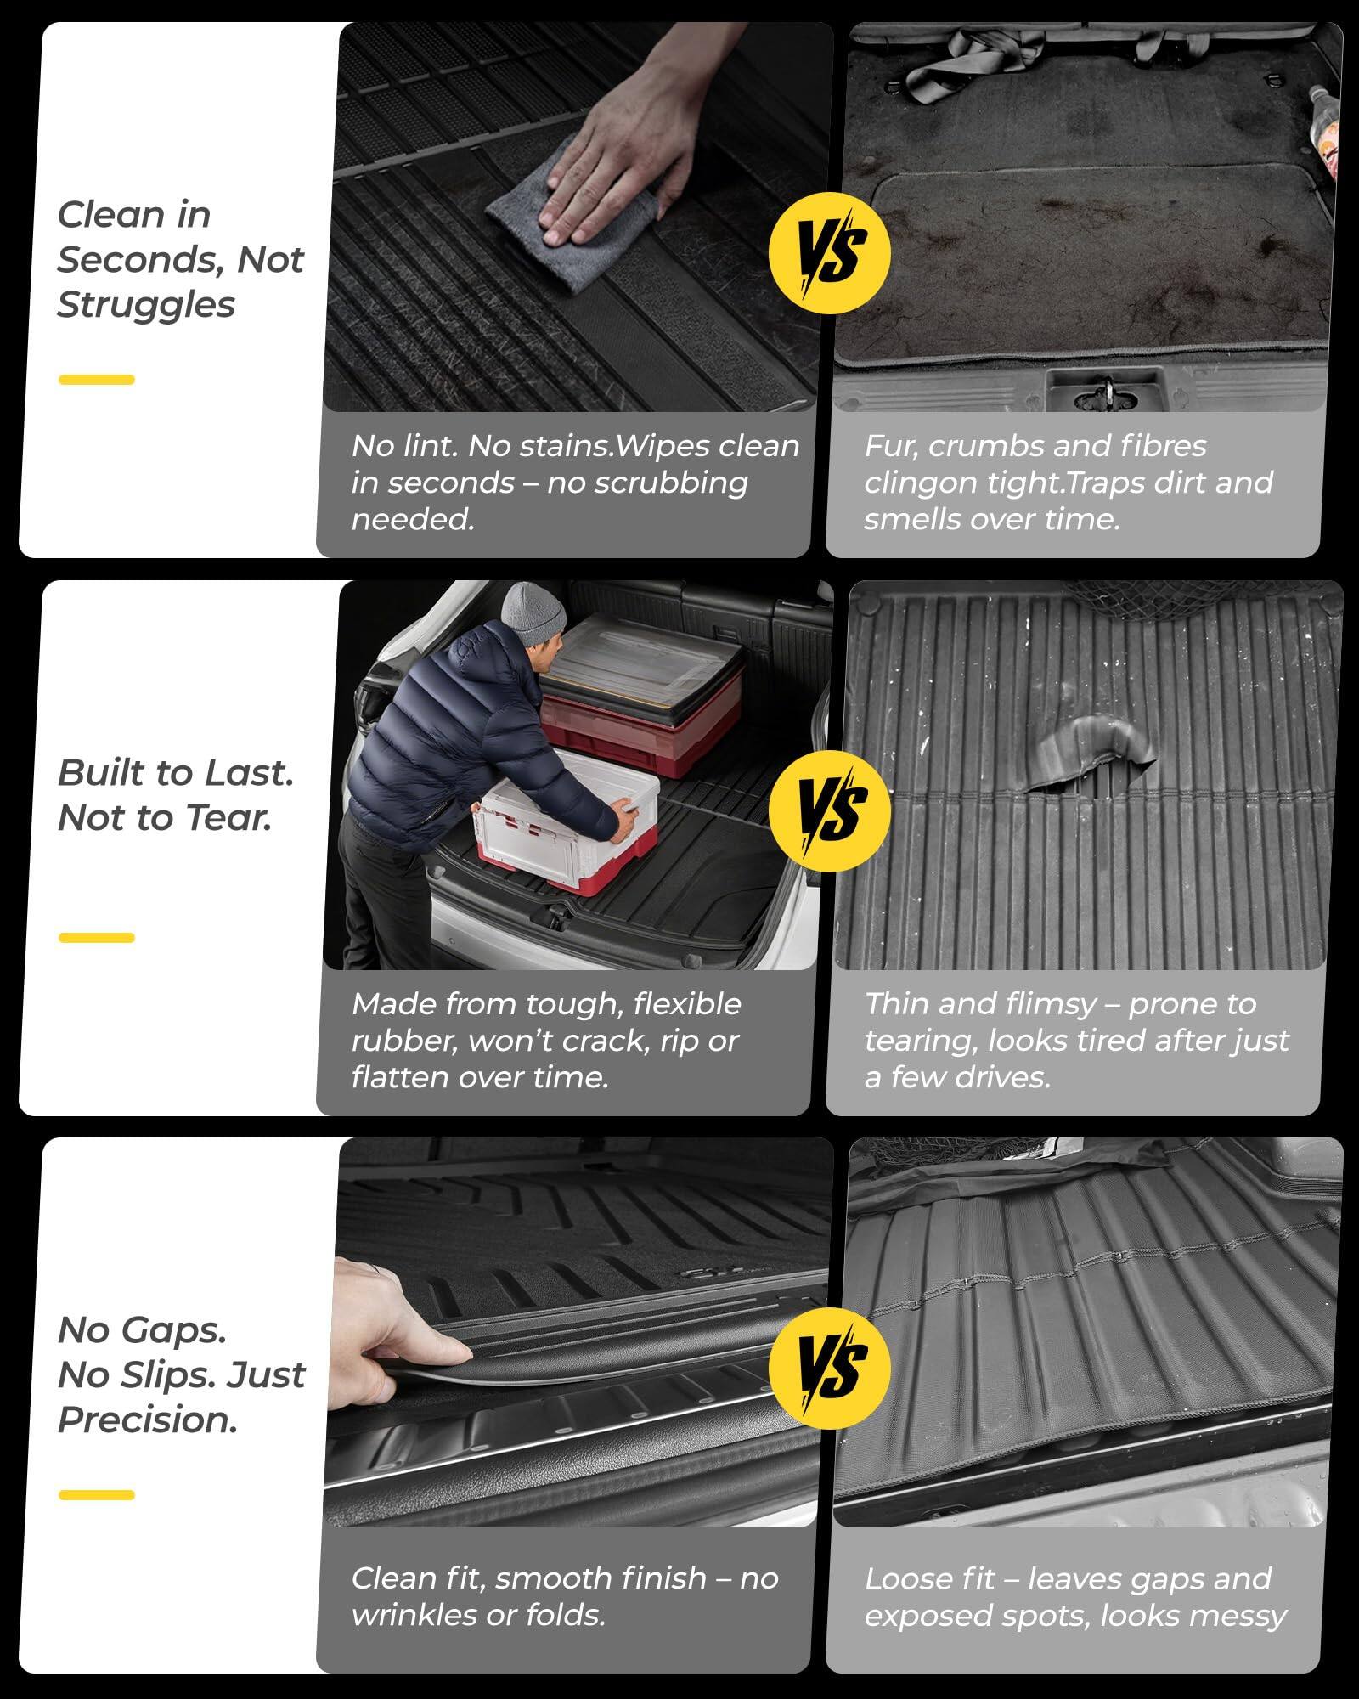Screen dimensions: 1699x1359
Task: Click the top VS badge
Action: pyautogui.click(x=829, y=253)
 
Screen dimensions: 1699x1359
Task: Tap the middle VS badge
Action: pyautogui.click(x=829, y=810)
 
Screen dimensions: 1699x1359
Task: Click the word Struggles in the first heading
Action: pyautogui.click(x=145, y=305)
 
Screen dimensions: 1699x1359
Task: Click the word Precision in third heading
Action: pyautogui.click(x=147, y=1420)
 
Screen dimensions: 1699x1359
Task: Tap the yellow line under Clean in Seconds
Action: pyautogui.click(x=96, y=380)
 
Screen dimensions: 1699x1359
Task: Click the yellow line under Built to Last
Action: pyautogui.click(x=96, y=938)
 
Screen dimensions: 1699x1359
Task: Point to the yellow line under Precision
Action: pyautogui.click(x=96, y=1494)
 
